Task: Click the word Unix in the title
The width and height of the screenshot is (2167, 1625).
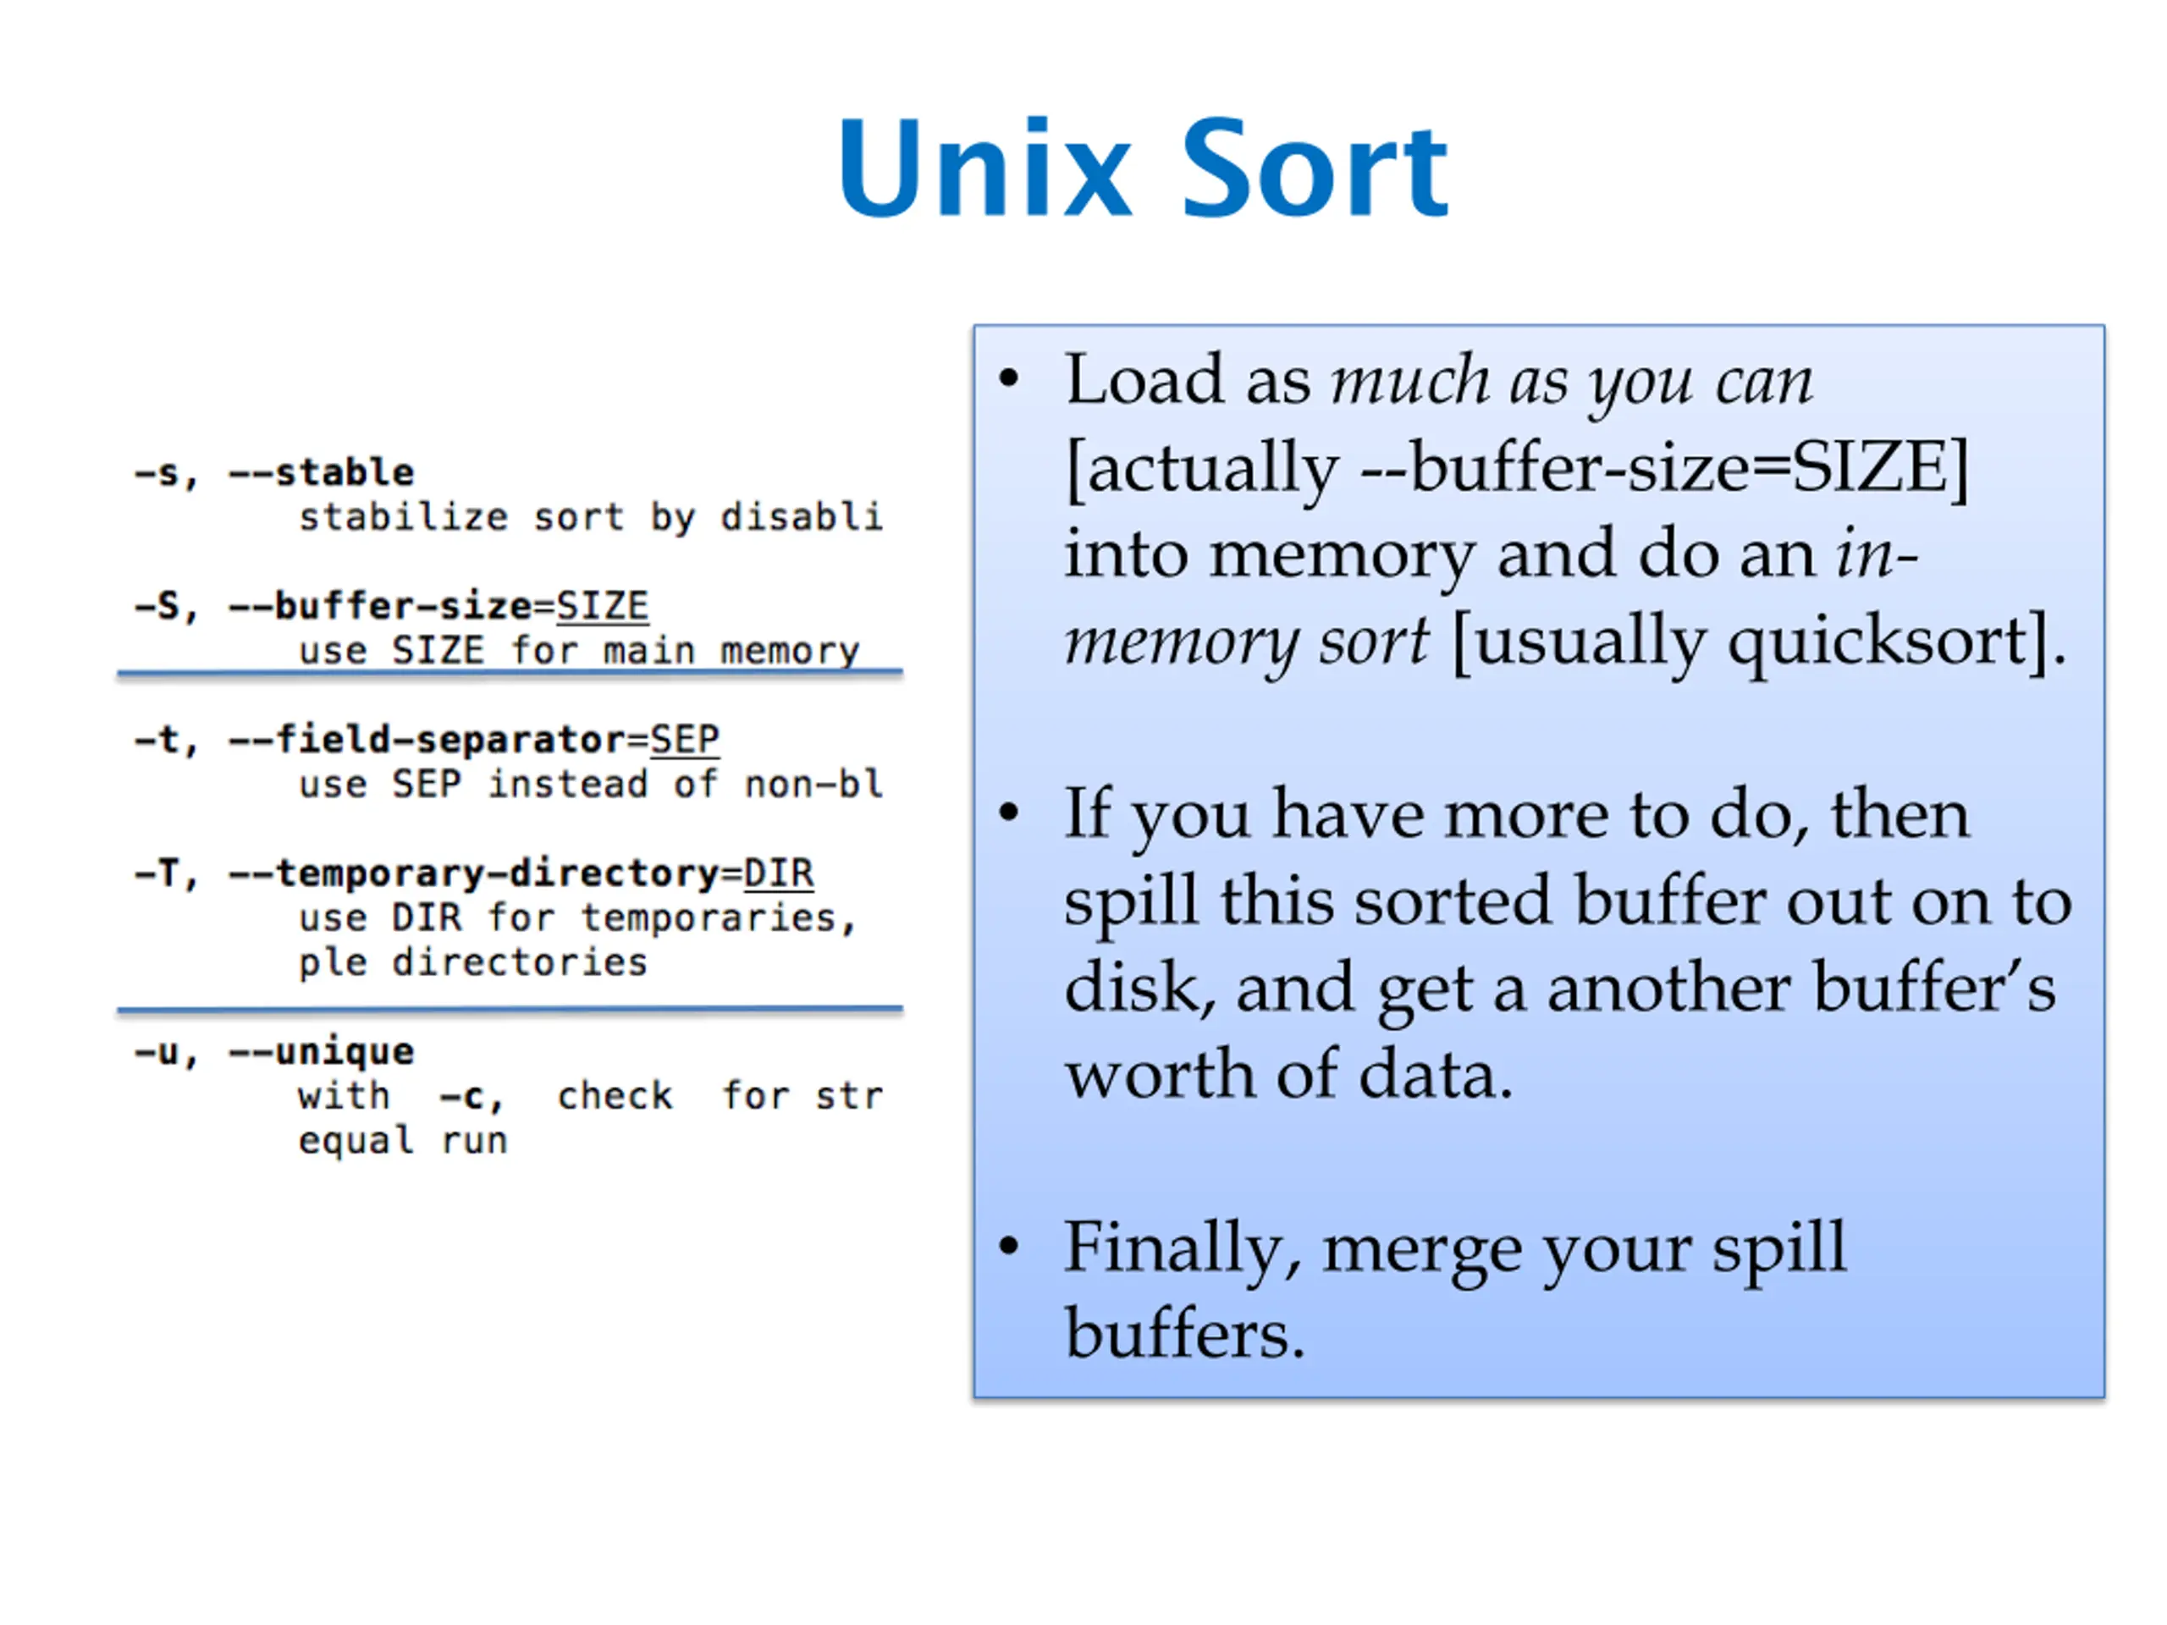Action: [984, 168]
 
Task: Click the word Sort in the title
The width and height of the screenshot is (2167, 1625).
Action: [1315, 168]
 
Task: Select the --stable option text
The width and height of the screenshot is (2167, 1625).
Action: [322, 473]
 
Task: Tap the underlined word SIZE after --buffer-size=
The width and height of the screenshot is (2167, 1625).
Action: [602, 606]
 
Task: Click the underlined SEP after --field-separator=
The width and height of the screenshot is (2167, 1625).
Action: [685, 740]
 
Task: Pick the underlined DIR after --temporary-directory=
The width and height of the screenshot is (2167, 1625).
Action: [778, 873]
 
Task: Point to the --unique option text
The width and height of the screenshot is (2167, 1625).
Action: [322, 1052]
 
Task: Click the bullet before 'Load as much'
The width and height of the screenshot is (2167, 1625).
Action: [1009, 379]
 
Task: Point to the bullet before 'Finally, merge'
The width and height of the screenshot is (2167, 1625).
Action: [1009, 1246]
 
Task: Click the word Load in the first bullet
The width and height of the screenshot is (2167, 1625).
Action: [1144, 379]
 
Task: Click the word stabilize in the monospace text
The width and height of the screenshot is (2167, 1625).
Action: [404, 517]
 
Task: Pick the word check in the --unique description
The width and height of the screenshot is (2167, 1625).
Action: [615, 1096]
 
